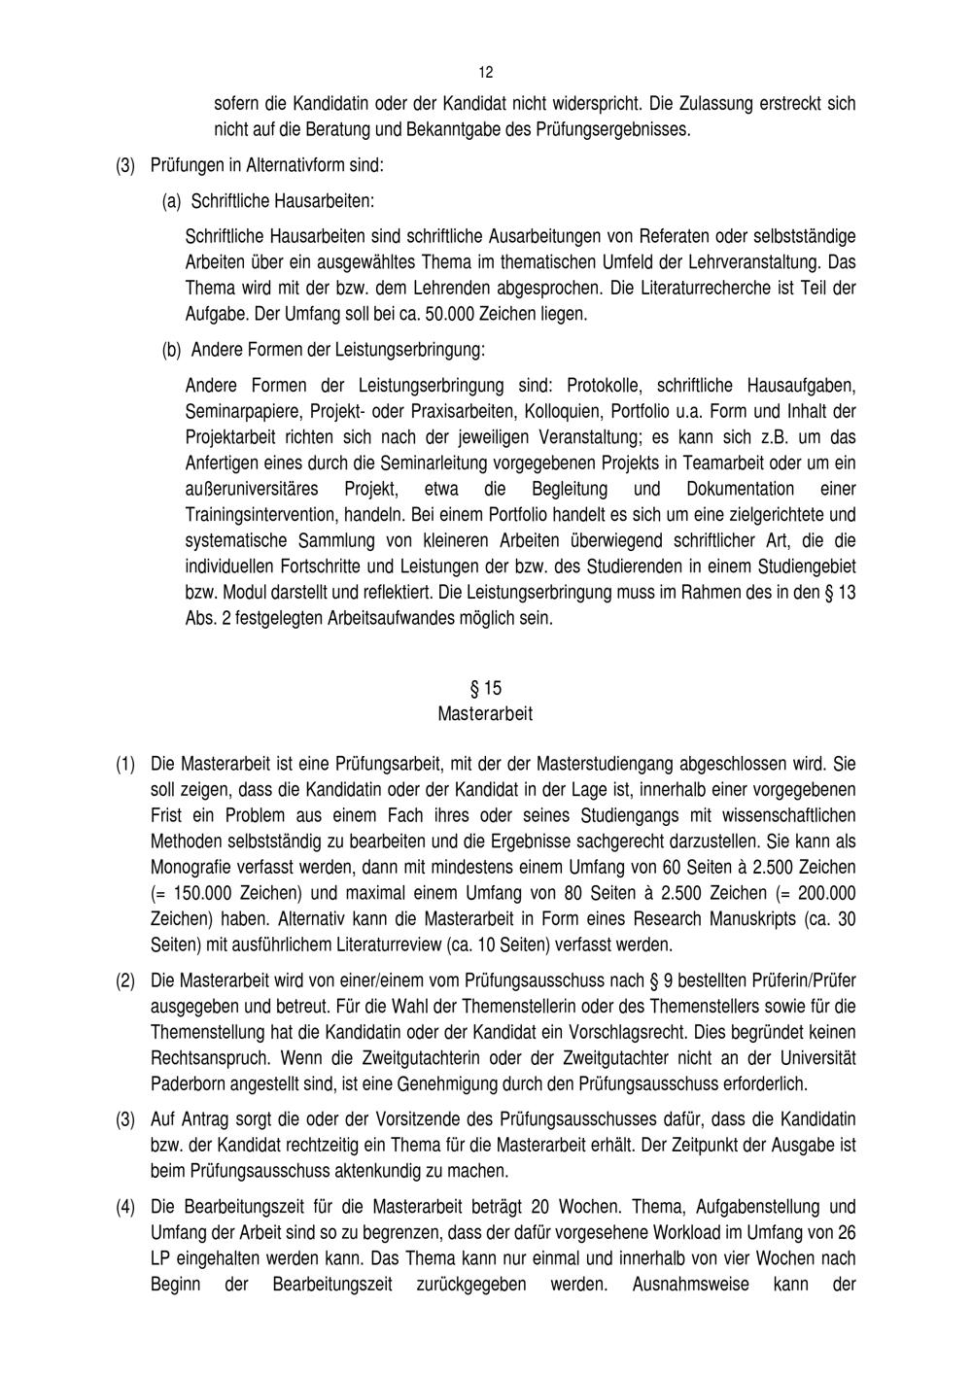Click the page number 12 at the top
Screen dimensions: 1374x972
tap(486, 73)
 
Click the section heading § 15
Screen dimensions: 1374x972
tap(486, 688)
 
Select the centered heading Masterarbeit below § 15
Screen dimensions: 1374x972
tap(485, 714)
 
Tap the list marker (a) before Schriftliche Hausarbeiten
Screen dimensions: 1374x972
tap(171, 202)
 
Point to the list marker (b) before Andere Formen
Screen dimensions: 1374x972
tap(171, 348)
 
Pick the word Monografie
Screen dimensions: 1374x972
tap(191, 867)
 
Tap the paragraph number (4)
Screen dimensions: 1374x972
tap(125, 1208)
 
